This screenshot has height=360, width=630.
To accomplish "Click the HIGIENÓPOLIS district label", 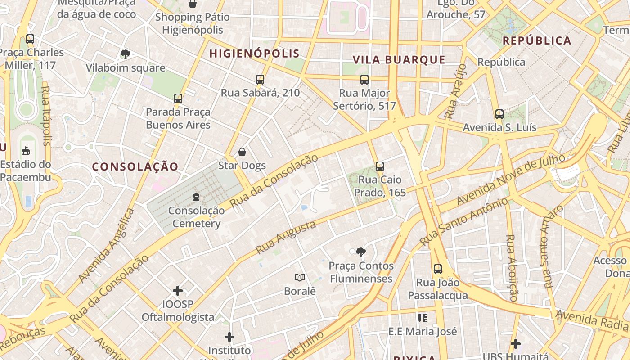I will click(254, 54).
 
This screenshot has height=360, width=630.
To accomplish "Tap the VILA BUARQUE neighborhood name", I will click(399, 60).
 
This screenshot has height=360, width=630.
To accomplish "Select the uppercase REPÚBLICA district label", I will click(537, 40).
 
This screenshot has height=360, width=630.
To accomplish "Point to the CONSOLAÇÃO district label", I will click(135, 167).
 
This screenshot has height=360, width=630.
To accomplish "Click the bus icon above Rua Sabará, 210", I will click(260, 80).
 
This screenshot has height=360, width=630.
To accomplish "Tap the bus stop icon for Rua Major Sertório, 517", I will click(364, 80).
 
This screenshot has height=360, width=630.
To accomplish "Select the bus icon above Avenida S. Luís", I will click(499, 114).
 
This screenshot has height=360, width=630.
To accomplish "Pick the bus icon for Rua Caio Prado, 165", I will click(380, 166).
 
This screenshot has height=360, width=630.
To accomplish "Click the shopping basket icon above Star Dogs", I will click(242, 152).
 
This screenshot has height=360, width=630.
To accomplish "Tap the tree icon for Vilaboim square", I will click(126, 55).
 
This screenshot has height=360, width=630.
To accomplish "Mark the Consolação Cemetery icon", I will click(196, 197).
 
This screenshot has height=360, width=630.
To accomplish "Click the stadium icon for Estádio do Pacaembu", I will click(26, 151).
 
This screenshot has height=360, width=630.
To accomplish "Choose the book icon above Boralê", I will click(300, 278).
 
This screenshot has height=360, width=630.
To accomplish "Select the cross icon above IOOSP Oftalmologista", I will click(178, 291).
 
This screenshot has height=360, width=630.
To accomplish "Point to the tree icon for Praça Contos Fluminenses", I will click(360, 252).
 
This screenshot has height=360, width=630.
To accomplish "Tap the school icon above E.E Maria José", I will click(422, 318).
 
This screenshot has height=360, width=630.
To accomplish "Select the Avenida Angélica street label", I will click(106, 246).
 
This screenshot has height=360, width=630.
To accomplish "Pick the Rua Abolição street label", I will click(511, 268).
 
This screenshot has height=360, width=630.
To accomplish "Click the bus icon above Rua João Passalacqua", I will click(438, 269).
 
